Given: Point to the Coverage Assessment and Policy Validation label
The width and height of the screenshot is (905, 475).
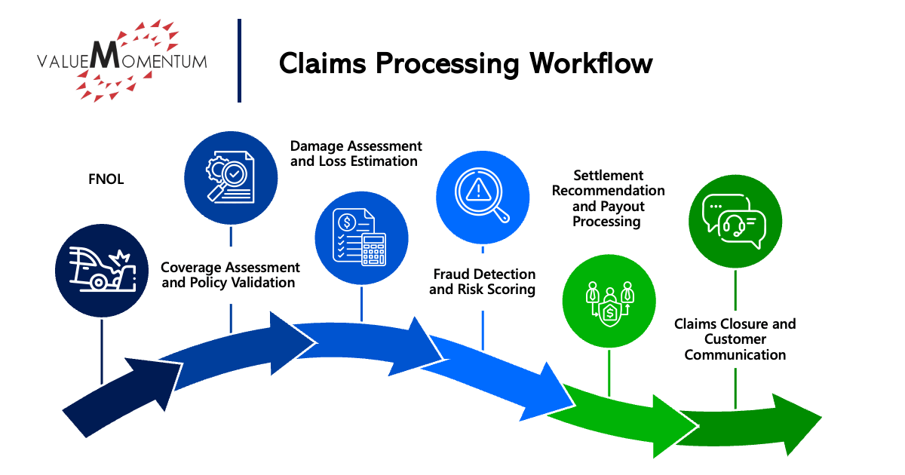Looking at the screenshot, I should click(x=230, y=275).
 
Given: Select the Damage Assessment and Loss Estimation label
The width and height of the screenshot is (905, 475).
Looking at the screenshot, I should click(x=356, y=153).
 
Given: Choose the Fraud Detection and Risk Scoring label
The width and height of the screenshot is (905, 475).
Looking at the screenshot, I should click(x=483, y=281).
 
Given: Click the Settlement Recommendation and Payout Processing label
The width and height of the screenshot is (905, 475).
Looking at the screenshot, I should click(x=608, y=198).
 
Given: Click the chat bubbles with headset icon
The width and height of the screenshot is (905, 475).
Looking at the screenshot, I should click(x=735, y=221).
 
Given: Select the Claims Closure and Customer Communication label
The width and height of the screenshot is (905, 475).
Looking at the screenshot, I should click(x=735, y=339).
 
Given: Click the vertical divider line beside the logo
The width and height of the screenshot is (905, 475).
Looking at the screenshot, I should click(x=239, y=60).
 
